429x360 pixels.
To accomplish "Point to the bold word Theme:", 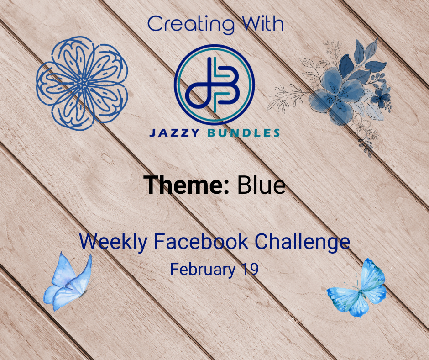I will tap(187, 185).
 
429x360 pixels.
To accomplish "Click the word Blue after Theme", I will tap(262, 185).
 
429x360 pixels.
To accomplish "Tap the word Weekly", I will tap(113, 242).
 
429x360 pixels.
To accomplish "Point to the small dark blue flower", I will tap(381, 95).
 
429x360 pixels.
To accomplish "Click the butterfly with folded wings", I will tap(68, 284).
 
